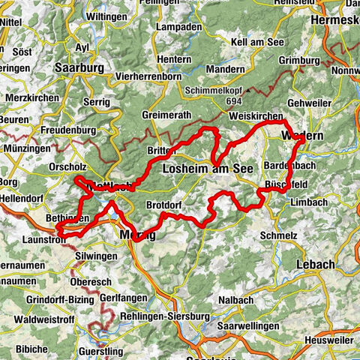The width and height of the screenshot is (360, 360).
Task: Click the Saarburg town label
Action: pos(79,66)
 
